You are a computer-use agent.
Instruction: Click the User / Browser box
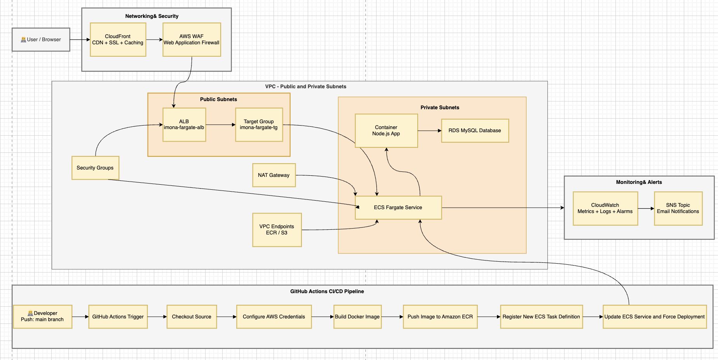coord(41,40)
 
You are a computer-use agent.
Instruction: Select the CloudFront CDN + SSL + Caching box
coord(118,40)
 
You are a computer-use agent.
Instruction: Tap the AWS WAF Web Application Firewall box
coord(192,40)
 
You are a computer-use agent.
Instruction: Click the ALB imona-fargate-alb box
coord(184,124)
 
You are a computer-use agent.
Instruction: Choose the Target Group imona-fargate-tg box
coord(259,124)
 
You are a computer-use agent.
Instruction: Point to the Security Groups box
coord(95,168)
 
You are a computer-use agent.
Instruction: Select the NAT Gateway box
coord(274,175)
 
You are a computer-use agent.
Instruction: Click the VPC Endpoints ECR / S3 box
coord(277,230)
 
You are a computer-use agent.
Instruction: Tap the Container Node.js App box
coord(386,131)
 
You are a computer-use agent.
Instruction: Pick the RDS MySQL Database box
coord(475,131)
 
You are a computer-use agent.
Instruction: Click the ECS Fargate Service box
coord(398,208)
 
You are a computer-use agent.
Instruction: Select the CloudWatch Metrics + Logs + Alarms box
coord(605,208)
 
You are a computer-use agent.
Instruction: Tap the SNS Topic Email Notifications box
coord(678,208)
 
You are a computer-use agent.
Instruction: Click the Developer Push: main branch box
coord(42,316)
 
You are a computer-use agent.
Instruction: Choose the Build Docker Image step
coord(357,317)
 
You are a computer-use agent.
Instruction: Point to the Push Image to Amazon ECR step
coord(440,317)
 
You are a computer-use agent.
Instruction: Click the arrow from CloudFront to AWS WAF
coord(154,40)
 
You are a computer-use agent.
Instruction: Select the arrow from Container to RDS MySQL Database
coord(429,131)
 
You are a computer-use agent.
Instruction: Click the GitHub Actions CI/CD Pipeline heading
coord(327,291)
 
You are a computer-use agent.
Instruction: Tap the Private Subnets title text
coord(439,107)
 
